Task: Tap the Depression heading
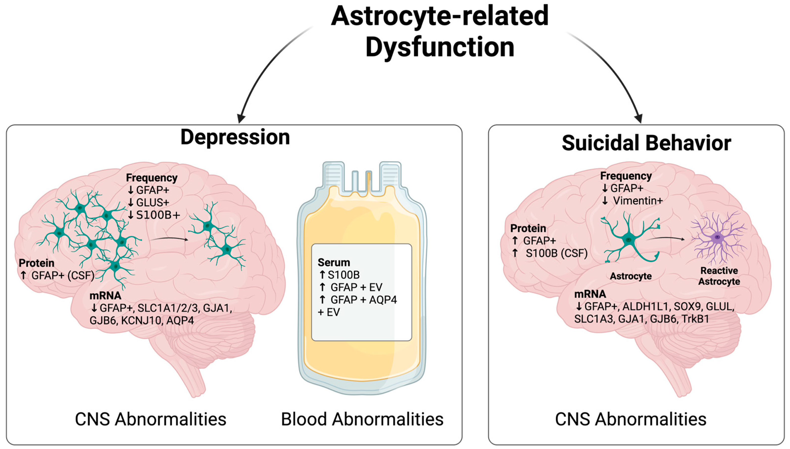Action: pyautogui.click(x=235, y=137)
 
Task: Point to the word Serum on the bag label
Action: pyautogui.click(x=334, y=263)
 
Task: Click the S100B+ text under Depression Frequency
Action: pyautogui.click(x=158, y=215)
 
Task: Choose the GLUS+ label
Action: pyautogui.click(x=153, y=203)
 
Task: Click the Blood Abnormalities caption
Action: pyautogui.click(x=362, y=419)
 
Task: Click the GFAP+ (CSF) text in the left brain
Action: pyautogui.click(x=63, y=275)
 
